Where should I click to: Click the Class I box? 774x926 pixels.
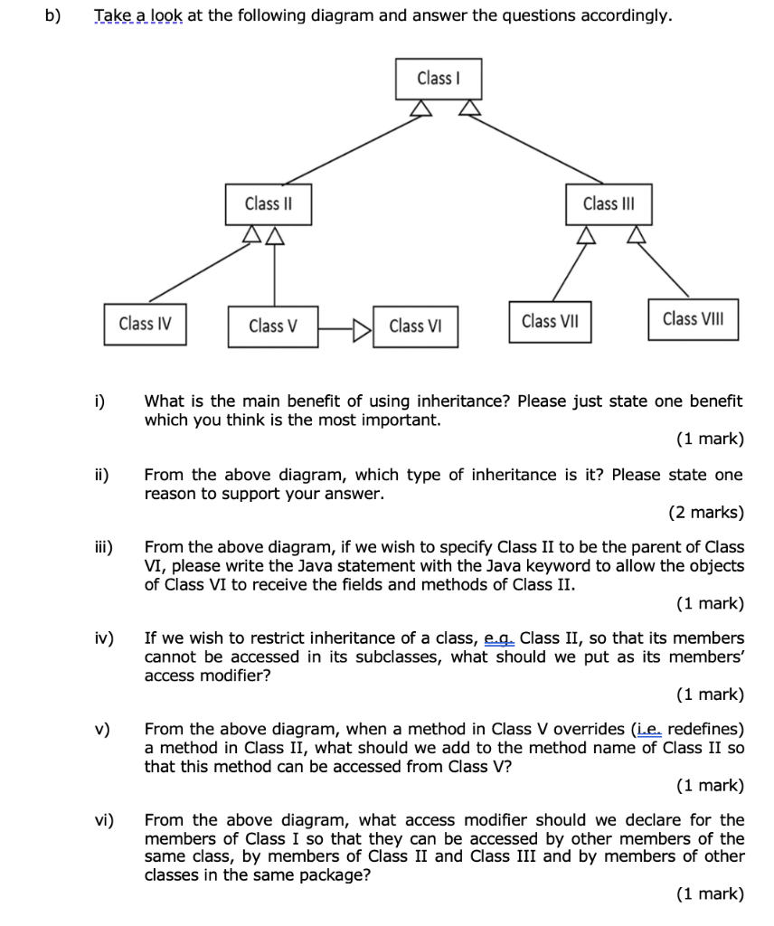click(439, 79)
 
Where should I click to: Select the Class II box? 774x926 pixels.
click(267, 203)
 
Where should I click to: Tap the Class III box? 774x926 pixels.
click(609, 203)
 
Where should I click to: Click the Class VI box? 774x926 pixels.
click(415, 326)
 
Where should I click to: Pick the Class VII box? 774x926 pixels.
click(550, 321)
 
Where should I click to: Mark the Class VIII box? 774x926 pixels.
click(693, 319)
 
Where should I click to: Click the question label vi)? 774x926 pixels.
click(103, 820)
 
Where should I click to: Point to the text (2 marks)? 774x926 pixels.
click(706, 513)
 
